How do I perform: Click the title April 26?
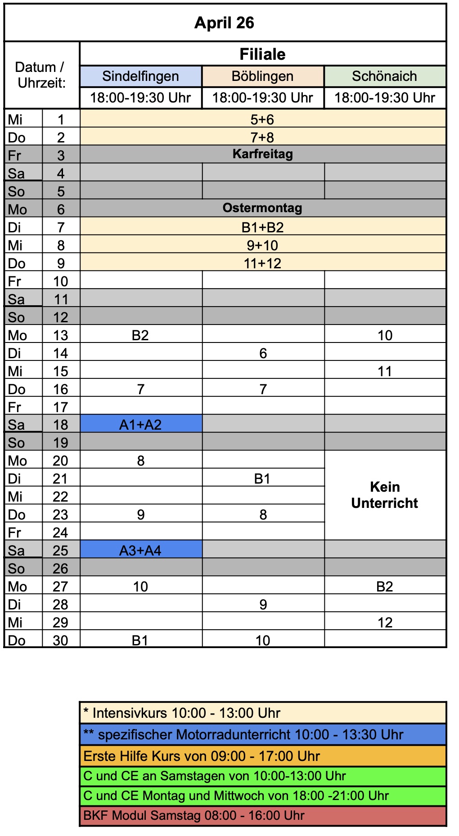[x=224, y=23]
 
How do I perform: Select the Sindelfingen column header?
[x=140, y=76]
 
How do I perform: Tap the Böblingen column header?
[x=263, y=76]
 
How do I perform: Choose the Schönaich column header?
[x=385, y=76]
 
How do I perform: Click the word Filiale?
[x=263, y=54]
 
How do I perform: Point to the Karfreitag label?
[x=263, y=154]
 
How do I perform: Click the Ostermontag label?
[x=263, y=208]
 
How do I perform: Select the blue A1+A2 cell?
[x=140, y=425]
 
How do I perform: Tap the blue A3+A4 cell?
[x=140, y=551]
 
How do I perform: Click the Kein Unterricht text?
[x=385, y=495]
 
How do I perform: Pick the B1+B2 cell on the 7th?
[x=263, y=227]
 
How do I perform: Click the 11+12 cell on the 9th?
[x=263, y=263]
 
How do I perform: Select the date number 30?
[x=60, y=640]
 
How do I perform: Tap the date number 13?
[x=60, y=335]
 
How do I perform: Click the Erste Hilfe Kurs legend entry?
[x=202, y=756]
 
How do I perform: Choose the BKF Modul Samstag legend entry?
[x=194, y=815]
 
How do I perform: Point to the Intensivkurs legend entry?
[x=182, y=713]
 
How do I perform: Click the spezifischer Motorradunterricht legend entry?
[x=243, y=734]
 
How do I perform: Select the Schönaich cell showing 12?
[x=385, y=623]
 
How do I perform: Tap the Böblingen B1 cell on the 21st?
[x=263, y=479]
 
